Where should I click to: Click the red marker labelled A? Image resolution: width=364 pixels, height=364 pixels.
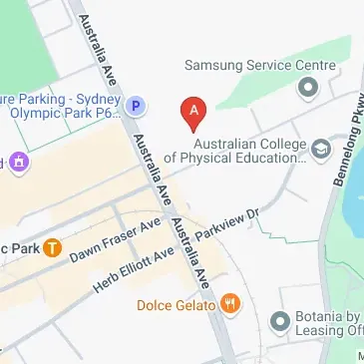point(192,112)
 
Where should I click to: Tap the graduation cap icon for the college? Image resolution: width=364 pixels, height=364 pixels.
point(321,150)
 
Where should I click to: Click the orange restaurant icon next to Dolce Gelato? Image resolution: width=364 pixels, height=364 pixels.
point(230,301)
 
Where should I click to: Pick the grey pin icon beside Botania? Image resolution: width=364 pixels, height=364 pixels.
point(280,321)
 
